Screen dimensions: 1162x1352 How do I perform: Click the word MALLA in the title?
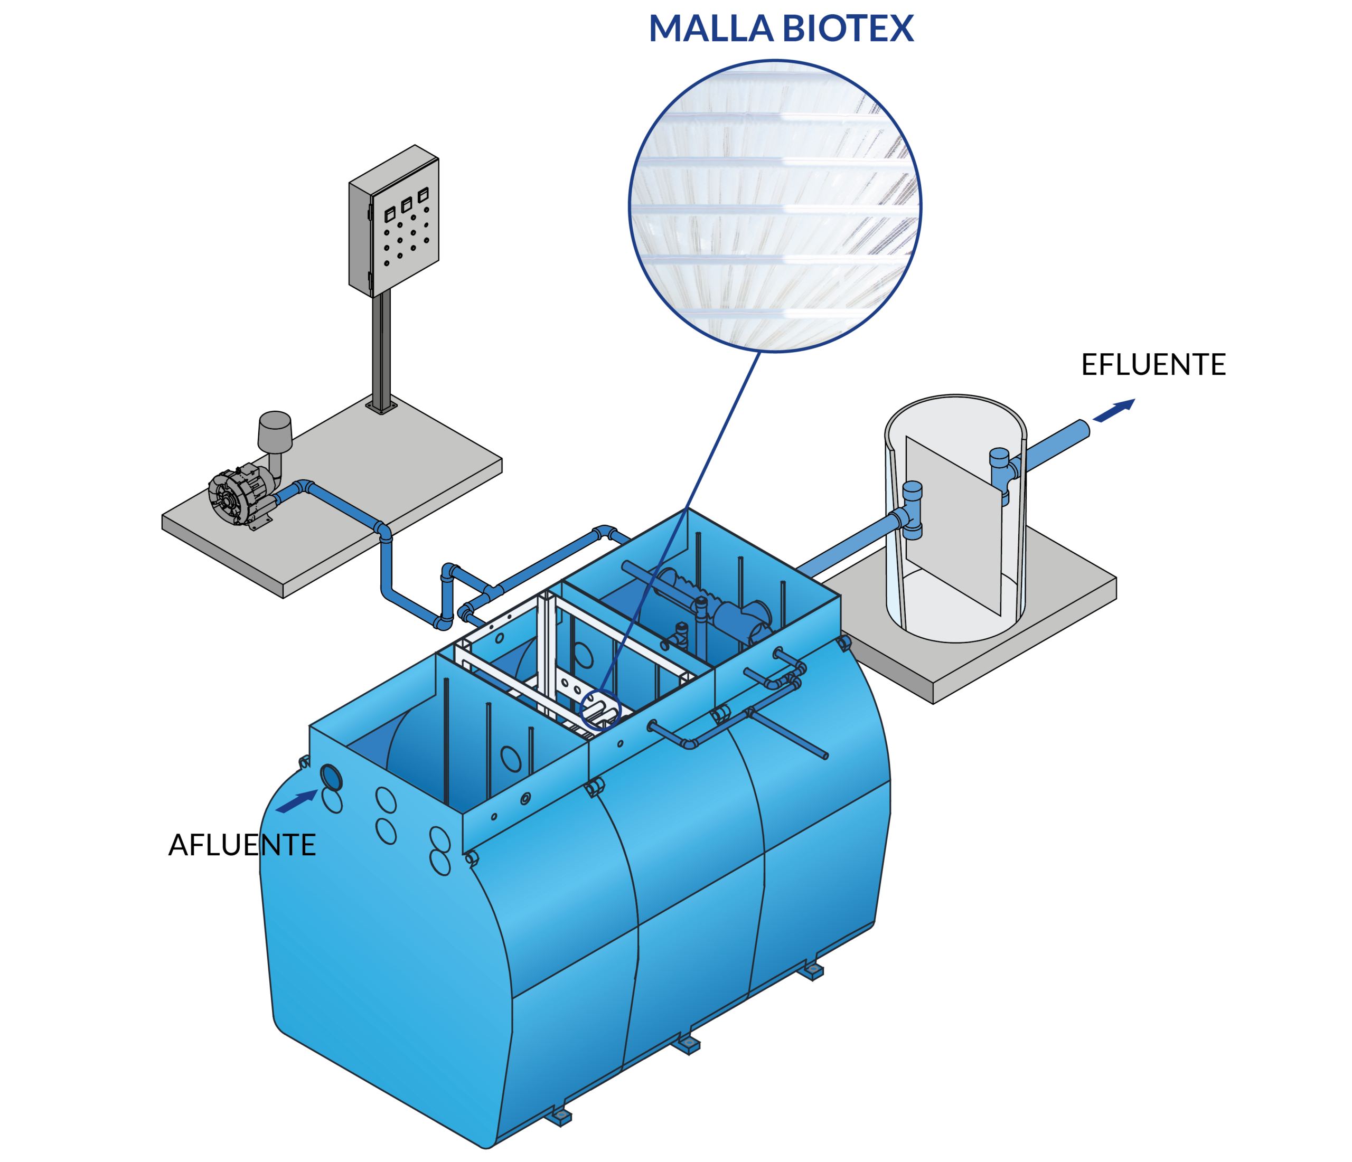[x=711, y=30]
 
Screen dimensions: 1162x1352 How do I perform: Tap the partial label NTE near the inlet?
[x=288, y=846]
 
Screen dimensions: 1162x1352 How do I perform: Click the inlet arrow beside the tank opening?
[x=297, y=802]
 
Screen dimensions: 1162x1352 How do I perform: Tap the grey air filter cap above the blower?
[x=275, y=431]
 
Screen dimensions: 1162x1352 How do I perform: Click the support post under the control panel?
[x=381, y=349]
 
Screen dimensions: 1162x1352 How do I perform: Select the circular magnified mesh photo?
[x=775, y=205]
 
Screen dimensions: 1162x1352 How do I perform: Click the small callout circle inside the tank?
[x=599, y=708]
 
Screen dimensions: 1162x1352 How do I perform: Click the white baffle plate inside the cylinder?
[x=953, y=525]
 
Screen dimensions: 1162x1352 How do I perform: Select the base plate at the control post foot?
[x=381, y=407]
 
